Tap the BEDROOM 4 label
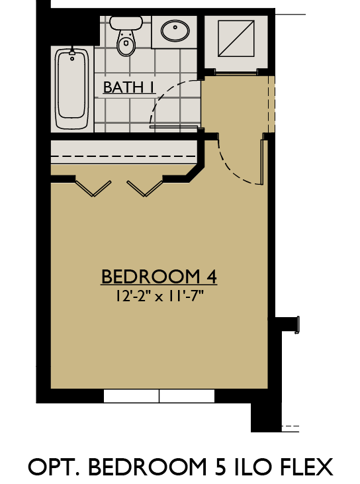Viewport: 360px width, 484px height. click(159, 277)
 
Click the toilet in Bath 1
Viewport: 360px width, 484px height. click(125, 42)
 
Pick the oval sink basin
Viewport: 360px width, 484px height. click(175, 30)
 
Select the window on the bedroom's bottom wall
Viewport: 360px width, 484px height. click(159, 396)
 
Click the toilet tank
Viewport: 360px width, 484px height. click(125, 22)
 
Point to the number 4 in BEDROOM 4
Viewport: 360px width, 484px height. click(212, 277)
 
